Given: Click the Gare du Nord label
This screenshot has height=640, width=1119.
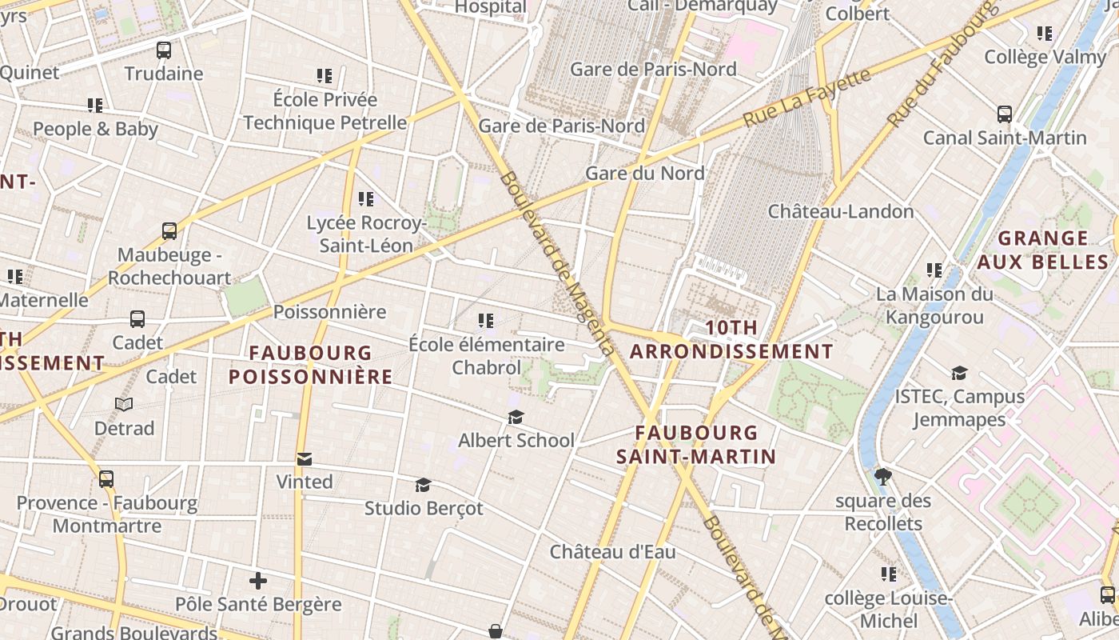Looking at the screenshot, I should [x=645, y=173].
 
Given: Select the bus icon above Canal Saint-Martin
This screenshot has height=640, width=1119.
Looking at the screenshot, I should [x=1005, y=114].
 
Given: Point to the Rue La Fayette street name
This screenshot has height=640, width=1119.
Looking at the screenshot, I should [x=806, y=98].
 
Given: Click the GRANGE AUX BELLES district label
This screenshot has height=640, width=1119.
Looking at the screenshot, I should [x=1043, y=250].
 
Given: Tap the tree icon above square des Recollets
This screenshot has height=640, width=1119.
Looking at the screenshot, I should [x=883, y=478].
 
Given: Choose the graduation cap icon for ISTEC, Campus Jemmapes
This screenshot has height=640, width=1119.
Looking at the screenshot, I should [x=959, y=373].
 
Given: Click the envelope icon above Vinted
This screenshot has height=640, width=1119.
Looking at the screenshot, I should [x=305, y=458].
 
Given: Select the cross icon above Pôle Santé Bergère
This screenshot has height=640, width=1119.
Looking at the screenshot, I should [x=258, y=581].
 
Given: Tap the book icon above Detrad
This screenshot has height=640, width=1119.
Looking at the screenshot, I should [x=124, y=404].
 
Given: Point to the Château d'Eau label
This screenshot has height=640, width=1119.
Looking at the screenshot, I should [x=613, y=551].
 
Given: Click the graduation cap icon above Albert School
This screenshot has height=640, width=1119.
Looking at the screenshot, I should [x=516, y=417].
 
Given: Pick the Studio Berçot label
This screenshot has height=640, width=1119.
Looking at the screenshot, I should [x=424, y=508].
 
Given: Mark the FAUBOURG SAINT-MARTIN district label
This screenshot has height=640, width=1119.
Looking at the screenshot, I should [x=695, y=445].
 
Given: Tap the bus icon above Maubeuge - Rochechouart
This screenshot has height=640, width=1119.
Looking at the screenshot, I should [x=169, y=231].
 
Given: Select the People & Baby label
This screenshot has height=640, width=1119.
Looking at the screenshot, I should [x=95, y=129].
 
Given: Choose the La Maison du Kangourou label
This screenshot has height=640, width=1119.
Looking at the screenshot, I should [x=934, y=306].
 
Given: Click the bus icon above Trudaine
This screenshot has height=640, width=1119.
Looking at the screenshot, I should [x=164, y=50].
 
